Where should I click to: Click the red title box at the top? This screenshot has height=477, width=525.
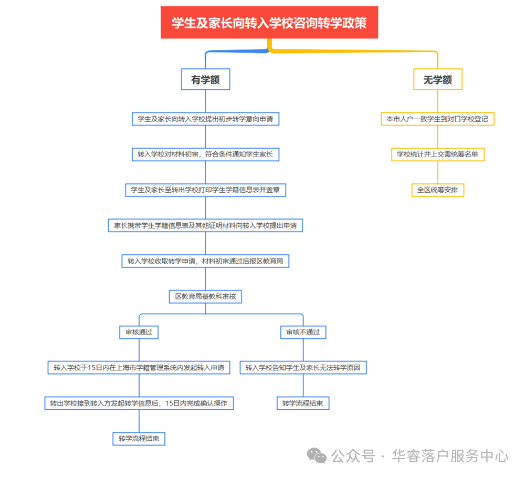point(269,23)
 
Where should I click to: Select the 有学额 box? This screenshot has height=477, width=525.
point(206,79)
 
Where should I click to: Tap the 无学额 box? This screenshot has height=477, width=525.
point(438,79)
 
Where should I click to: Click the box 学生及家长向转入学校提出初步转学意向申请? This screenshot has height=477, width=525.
point(206,119)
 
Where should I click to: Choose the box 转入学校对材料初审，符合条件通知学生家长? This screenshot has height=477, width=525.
point(206,154)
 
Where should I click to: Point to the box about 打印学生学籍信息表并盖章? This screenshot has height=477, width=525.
point(206,190)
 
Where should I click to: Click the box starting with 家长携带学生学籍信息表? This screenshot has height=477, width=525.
point(206,225)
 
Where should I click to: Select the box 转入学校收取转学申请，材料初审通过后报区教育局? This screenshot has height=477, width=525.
point(206,261)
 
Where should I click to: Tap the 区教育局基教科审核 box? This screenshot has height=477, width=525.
point(206,296)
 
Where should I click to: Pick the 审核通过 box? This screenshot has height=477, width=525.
point(139,332)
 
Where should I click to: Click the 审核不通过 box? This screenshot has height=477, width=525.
point(303,332)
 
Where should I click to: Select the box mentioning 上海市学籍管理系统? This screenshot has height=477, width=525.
point(139,367)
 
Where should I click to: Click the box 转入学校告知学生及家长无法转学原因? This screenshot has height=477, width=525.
point(303,367)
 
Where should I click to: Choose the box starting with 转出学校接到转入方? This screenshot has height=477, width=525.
point(139,403)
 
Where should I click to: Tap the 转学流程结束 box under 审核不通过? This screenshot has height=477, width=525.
point(303,403)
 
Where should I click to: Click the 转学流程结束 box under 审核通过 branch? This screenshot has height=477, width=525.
point(139,439)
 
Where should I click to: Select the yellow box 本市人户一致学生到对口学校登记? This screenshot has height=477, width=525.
point(438,119)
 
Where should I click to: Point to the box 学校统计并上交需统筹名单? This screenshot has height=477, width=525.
point(438,154)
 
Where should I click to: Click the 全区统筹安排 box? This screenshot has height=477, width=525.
point(438,190)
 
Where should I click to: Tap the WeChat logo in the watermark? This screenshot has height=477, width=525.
point(317,455)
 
